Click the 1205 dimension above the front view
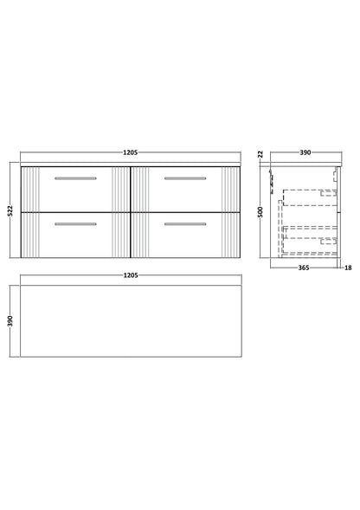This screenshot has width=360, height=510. pos(129,152)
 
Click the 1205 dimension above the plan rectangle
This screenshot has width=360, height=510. pos(129,274)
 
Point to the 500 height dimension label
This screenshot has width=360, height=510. pos(259,209)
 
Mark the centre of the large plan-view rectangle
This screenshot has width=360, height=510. pos(129,320)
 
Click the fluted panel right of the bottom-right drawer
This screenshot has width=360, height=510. pos(229,234)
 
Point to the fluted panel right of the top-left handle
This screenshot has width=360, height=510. pos(119,188)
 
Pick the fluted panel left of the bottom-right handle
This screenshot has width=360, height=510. pos(138,234)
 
